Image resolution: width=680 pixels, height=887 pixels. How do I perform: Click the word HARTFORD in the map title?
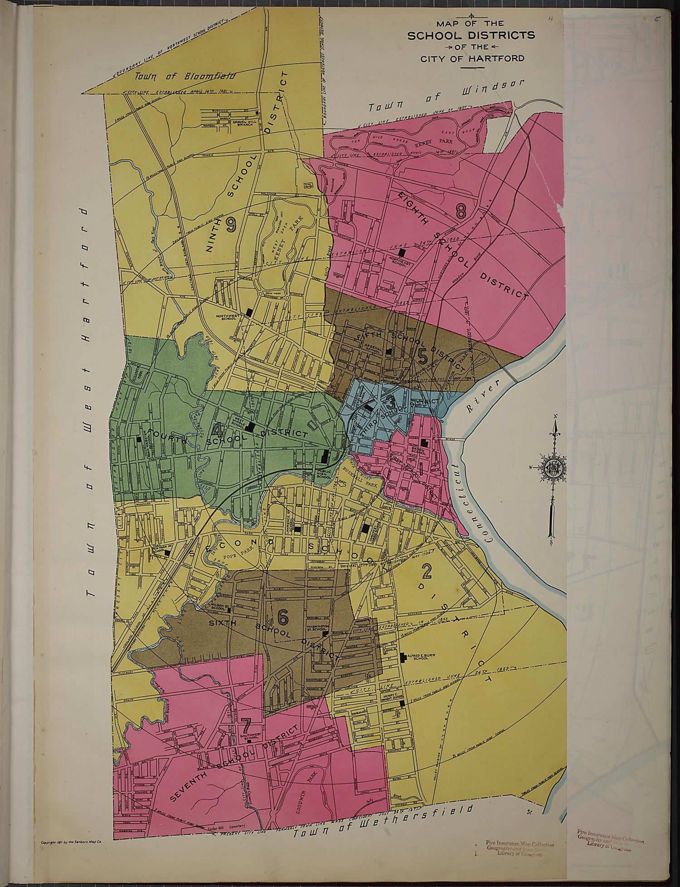coord(504,58)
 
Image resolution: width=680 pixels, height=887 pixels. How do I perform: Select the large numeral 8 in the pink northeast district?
coord(461,211)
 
